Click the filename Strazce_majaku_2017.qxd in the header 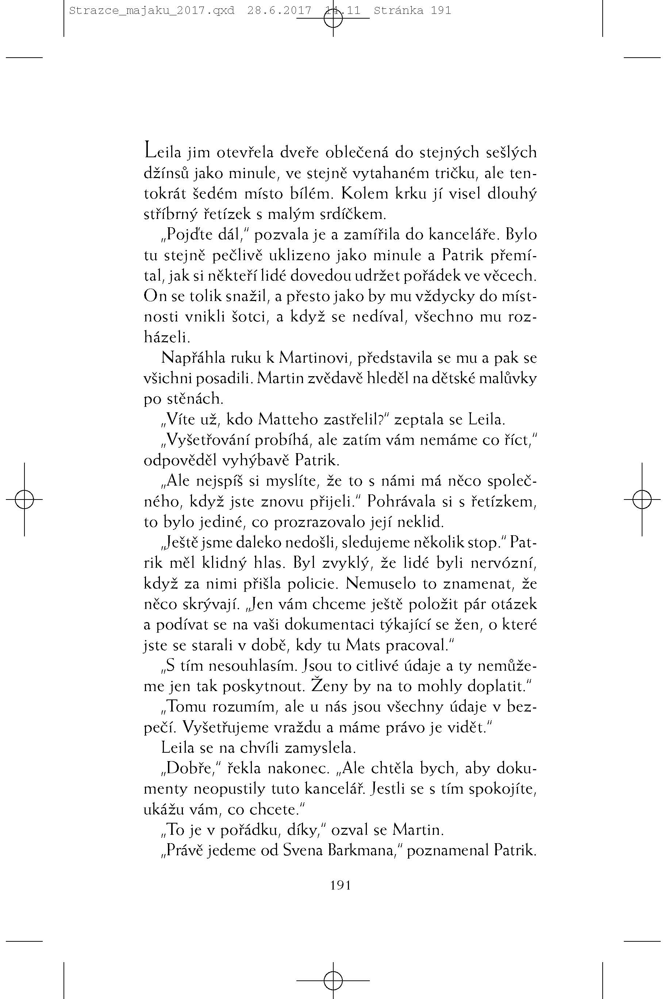point(151,11)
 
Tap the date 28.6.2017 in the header point(279,11)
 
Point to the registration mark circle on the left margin point(24,499)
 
